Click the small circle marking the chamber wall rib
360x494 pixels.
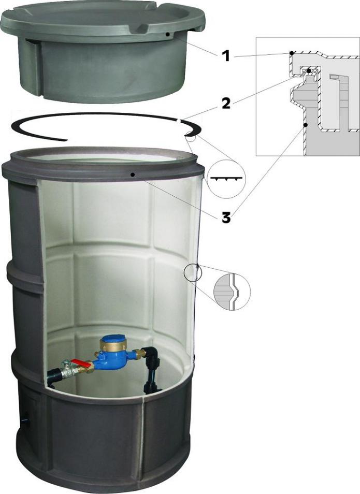192,272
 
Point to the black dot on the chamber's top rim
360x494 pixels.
133,175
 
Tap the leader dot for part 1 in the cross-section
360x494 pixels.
292,53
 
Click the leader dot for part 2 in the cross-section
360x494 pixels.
309,70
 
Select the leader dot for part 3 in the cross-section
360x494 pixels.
306,125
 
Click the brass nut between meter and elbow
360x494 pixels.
138,354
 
